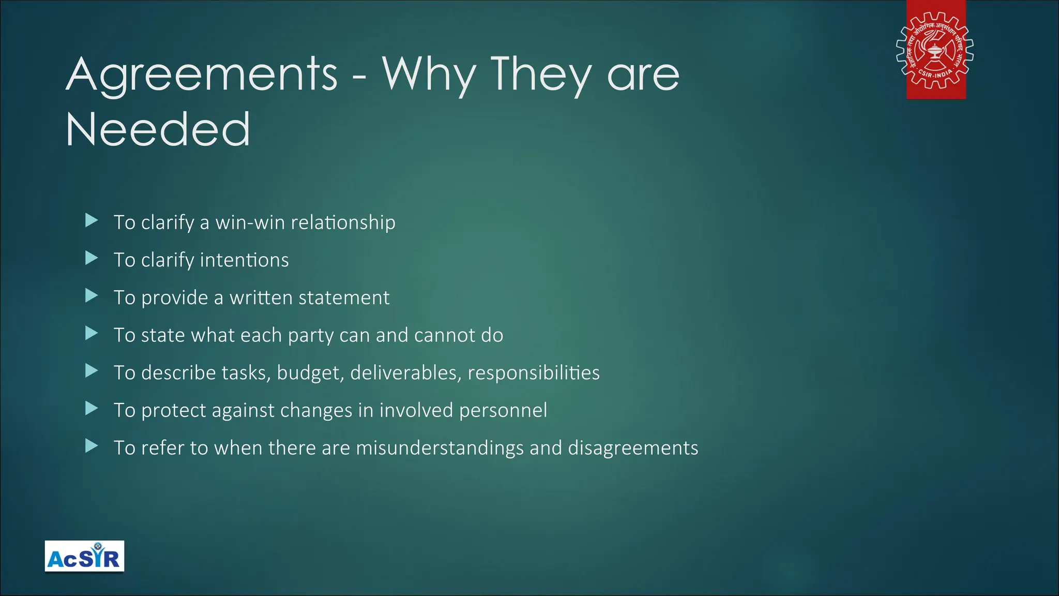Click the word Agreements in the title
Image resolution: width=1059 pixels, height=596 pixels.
202,76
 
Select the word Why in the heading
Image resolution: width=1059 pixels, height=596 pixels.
429,76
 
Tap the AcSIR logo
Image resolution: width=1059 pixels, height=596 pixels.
84,556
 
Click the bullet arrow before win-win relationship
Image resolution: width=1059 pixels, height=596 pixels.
92,220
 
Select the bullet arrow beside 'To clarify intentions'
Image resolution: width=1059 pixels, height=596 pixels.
92,258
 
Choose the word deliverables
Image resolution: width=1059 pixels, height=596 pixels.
405,373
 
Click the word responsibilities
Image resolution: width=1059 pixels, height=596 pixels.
534,373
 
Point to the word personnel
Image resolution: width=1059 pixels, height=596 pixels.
503,410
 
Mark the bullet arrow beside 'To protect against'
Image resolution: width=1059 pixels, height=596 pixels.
92,408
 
